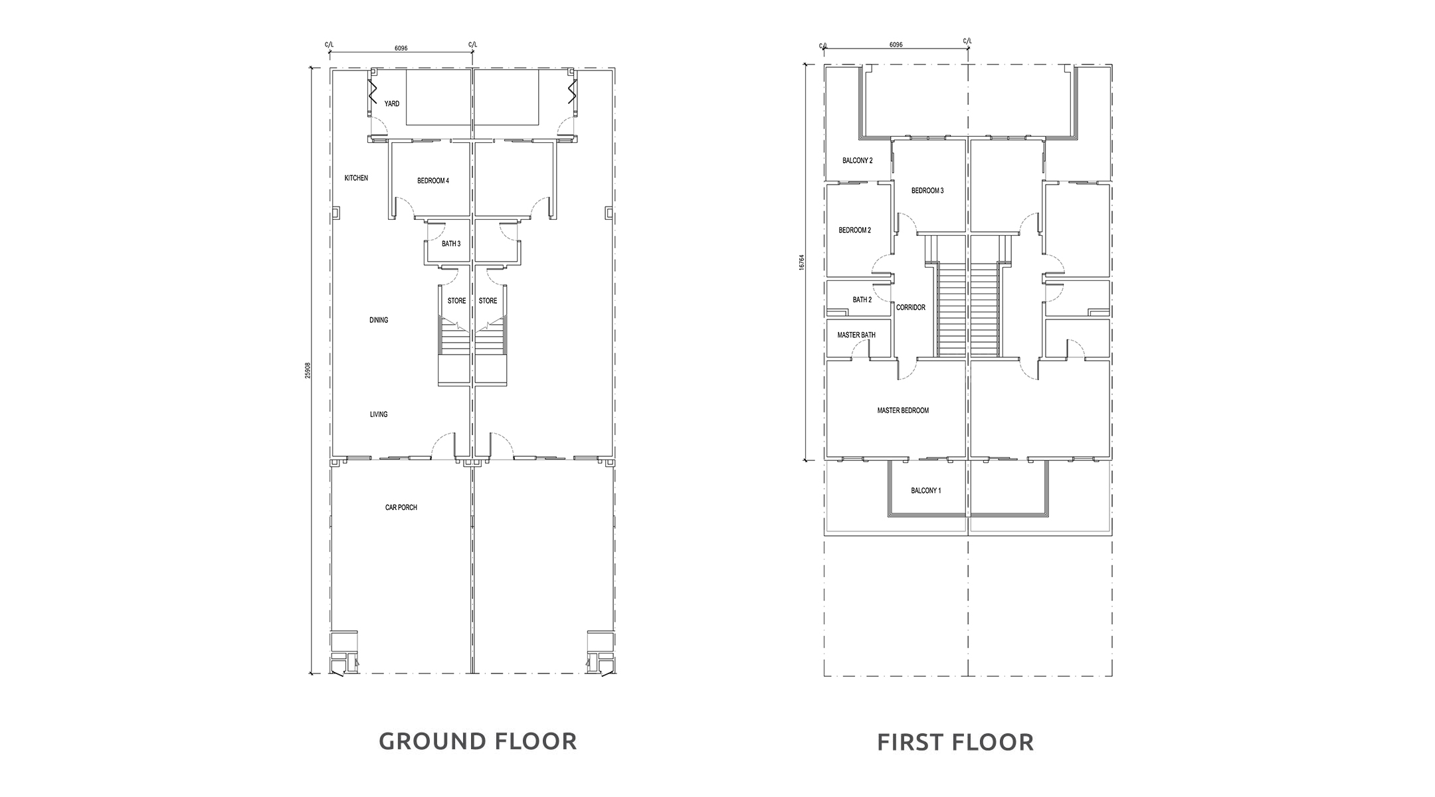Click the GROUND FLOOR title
[x=478, y=741]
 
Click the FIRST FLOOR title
[x=955, y=742]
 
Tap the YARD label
[x=392, y=104]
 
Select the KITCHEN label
[x=356, y=178]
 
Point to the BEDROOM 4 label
[x=433, y=181]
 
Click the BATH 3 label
[x=451, y=244]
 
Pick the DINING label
[x=379, y=320]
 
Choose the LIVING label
[x=379, y=414]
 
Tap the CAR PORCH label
[x=401, y=507]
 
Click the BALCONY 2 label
[x=858, y=161]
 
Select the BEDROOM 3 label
[x=927, y=191]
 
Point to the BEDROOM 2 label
[x=855, y=230]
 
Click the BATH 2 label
[x=862, y=300]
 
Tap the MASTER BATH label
[x=856, y=335]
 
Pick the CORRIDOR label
[x=911, y=308]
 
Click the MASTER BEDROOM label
[x=903, y=410]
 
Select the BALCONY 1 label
[x=926, y=491]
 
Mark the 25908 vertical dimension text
[x=308, y=371]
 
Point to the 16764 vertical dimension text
[x=802, y=262]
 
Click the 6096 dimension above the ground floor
[x=401, y=48]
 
